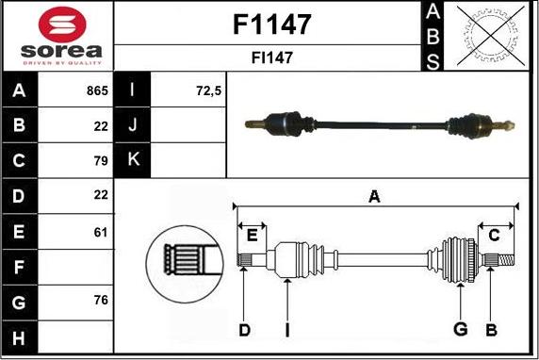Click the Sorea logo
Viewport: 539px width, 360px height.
[57, 35]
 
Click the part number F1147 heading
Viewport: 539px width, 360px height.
[271, 24]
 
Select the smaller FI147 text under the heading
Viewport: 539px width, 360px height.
[271, 57]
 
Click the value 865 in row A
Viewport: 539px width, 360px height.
[97, 92]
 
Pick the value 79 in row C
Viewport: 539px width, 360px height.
[101, 160]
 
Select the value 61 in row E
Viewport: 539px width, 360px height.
[101, 230]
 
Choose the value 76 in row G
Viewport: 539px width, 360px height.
[101, 300]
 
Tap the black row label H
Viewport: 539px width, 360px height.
[20, 335]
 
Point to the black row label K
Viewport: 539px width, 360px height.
[133, 160]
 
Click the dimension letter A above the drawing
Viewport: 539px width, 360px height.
[374, 197]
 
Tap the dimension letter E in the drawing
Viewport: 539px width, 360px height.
[252, 236]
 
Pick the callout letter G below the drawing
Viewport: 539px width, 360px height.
[460, 329]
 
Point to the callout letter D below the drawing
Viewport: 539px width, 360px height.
[244, 329]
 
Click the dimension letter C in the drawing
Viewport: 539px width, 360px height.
[494, 236]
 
